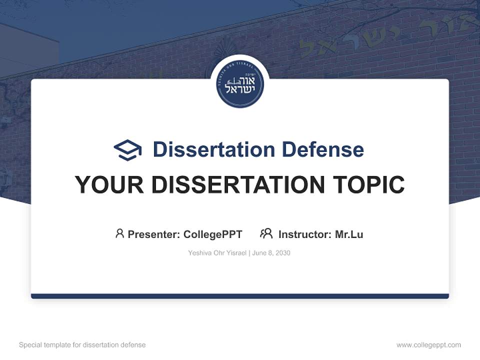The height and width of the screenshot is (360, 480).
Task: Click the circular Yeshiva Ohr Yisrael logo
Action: click(x=240, y=84)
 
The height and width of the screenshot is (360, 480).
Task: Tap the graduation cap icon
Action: click(x=127, y=149)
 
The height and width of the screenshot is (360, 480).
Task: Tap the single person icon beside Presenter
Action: click(x=119, y=233)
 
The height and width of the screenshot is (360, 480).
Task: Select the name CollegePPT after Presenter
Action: click(x=213, y=234)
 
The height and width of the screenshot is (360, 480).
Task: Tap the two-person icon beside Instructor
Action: click(x=266, y=233)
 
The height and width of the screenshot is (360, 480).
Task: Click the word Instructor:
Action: click(x=305, y=234)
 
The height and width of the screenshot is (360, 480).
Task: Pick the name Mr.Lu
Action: click(x=349, y=234)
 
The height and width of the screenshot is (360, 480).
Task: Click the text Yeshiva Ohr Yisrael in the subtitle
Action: click(x=217, y=253)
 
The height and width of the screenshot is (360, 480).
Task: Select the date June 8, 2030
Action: click(x=271, y=253)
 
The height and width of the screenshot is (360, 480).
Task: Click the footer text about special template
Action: click(x=82, y=345)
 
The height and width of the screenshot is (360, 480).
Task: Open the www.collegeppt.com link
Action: click(x=428, y=345)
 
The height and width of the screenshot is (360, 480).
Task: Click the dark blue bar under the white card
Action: click(x=240, y=296)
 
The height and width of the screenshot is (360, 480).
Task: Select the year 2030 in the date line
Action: click(x=282, y=253)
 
